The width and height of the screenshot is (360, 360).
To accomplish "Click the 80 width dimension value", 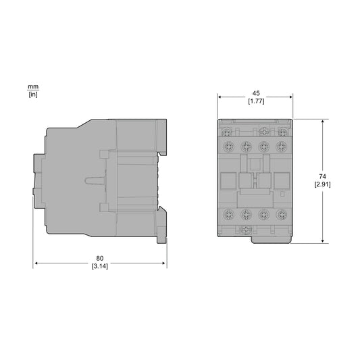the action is [x=100, y=258].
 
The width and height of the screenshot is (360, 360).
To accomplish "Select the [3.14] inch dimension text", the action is [x=100, y=266].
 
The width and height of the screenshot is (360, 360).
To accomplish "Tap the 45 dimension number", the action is [x=256, y=93].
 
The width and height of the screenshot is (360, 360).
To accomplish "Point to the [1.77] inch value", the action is [x=256, y=101].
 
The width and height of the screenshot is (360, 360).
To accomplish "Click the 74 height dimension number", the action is [x=322, y=176].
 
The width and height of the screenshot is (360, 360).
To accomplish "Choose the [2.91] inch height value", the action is [x=322, y=184].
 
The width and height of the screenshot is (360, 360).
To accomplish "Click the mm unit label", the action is [x=33, y=87].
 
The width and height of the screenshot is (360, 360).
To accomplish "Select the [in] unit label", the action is [x=33, y=95].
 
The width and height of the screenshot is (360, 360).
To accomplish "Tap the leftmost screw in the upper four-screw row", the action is [x=229, y=146].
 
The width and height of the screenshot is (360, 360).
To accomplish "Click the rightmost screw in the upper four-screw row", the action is [x=282, y=146].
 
